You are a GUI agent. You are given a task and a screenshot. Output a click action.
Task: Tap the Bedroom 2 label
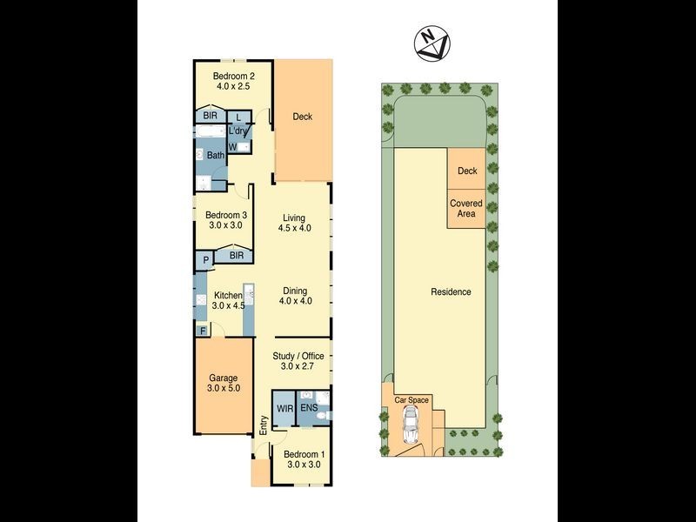pos(235,76)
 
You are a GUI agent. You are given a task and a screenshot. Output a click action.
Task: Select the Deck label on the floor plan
pos(302,117)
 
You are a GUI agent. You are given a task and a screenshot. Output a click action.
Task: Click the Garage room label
pos(223,378)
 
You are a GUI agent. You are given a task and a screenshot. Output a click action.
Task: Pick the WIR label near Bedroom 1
pos(284,407)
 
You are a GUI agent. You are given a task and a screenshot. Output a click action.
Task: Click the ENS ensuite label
pos(310,407)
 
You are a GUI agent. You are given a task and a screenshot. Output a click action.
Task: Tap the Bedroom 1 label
pos(304,454)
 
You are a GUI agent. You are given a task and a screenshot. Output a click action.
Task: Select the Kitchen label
pos(226,296)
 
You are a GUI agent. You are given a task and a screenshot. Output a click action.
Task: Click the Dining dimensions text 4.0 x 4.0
pos(295,301)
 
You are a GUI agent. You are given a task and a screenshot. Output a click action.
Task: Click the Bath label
pos(216,156)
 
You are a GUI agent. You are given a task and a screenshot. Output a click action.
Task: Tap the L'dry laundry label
pos(238,131)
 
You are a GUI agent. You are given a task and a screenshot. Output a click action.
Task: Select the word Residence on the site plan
pos(450,291)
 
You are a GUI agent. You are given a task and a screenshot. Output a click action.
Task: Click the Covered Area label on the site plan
pos(465,209)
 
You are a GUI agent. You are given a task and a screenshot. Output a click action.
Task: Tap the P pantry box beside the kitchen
pos(205,258)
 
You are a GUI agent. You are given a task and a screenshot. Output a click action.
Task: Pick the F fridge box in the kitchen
pos(202,330)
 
